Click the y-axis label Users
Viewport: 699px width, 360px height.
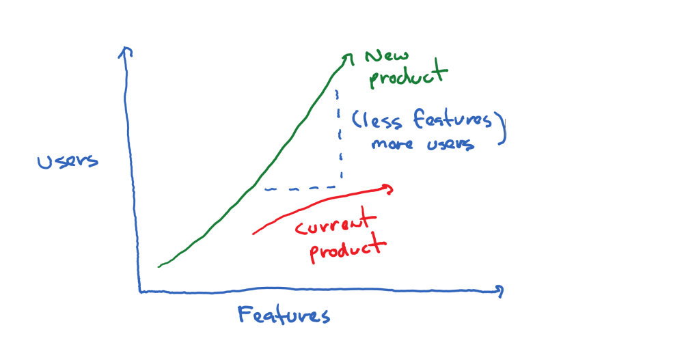click(x=68, y=162)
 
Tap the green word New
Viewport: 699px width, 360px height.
click(x=387, y=56)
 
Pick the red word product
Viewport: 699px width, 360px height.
click(x=347, y=249)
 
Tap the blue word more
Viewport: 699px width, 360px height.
click(x=392, y=144)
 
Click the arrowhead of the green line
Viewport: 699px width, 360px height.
click(x=348, y=58)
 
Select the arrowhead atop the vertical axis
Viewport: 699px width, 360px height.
click(x=125, y=51)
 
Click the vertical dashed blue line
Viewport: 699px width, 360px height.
click(x=339, y=135)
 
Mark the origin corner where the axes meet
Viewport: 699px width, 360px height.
click(x=139, y=292)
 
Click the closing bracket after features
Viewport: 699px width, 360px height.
click(x=504, y=129)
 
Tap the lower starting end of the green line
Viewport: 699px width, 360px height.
click(x=159, y=266)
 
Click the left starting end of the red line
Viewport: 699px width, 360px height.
click(x=253, y=233)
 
